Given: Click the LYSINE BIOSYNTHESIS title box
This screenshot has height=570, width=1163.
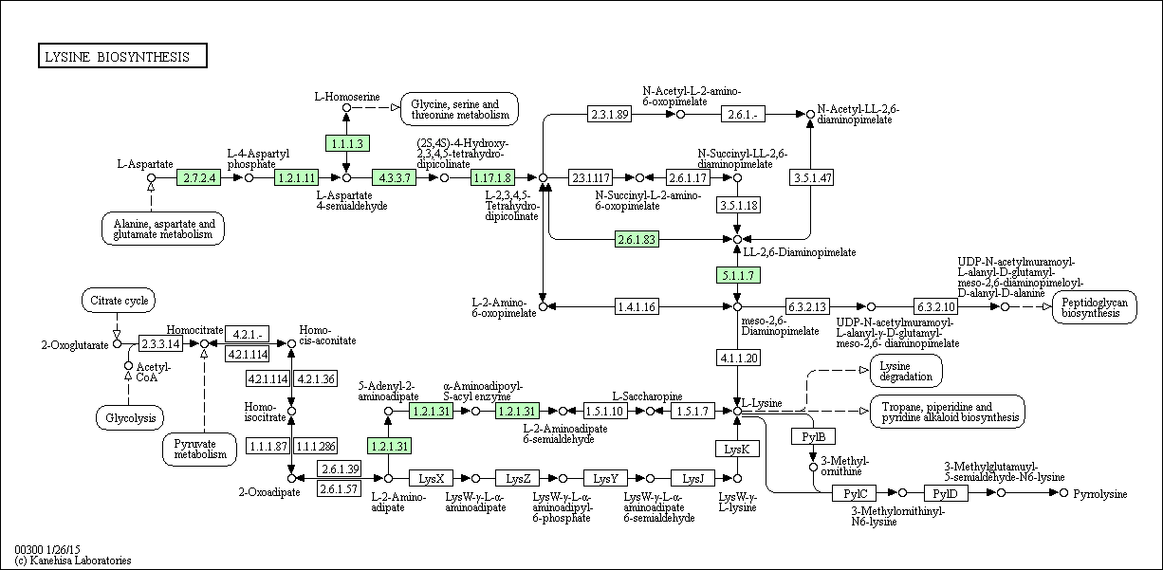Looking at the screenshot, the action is [x=122, y=56].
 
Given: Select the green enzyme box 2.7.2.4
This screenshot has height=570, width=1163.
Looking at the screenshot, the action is [x=199, y=177].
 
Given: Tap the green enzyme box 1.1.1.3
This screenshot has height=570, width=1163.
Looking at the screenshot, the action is [x=347, y=143].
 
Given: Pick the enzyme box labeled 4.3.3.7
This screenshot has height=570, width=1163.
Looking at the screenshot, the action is [x=394, y=177].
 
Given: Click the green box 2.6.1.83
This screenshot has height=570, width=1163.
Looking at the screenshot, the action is [x=637, y=239].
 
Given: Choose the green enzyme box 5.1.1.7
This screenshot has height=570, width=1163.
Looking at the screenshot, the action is [x=738, y=275].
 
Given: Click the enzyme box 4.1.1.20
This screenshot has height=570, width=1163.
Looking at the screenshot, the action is [x=738, y=358].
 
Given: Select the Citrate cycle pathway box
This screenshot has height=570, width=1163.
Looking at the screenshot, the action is [x=119, y=300].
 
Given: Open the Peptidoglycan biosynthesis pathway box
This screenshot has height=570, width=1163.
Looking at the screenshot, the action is [x=1094, y=307].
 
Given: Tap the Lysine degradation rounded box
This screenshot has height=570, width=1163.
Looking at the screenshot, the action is [x=906, y=371].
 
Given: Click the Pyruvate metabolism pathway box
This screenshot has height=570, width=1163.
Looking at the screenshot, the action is [x=199, y=449].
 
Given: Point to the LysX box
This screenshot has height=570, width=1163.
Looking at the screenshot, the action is [x=431, y=478].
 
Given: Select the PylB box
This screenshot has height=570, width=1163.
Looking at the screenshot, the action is [x=813, y=436].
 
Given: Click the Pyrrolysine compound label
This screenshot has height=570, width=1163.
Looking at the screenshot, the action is [x=1100, y=494].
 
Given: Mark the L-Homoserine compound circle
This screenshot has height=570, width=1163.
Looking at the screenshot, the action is [x=346, y=107].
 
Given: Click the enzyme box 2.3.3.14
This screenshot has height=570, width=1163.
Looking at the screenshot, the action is [x=161, y=343].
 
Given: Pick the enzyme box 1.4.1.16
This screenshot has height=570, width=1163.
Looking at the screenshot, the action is [x=637, y=306].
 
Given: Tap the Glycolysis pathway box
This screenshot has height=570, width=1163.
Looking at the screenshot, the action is [x=130, y=417].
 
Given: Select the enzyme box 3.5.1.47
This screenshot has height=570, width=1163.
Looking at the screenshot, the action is [x=811, y=177].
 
